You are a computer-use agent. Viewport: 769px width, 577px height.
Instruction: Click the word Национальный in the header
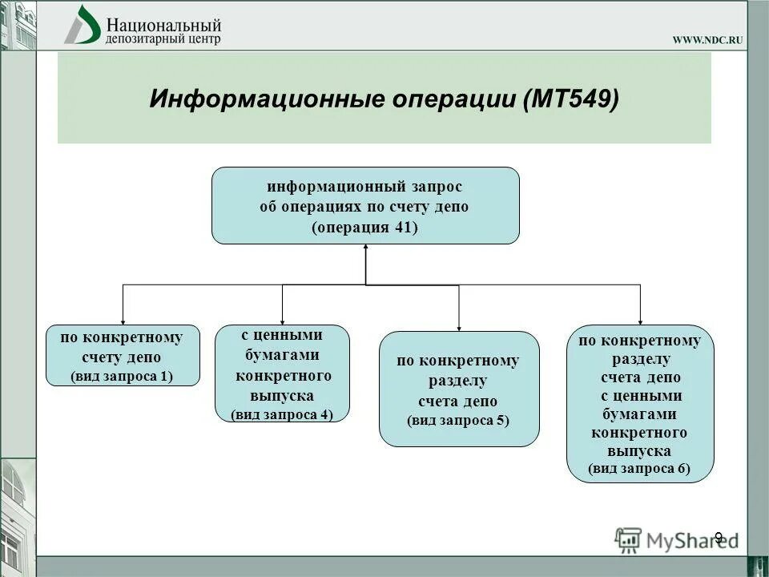click(163, 25)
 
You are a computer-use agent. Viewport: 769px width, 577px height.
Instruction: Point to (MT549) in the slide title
click(570, 100)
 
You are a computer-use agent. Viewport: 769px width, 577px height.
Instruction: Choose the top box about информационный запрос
click(365, 205)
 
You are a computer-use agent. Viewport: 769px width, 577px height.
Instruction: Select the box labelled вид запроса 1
click(122, 356)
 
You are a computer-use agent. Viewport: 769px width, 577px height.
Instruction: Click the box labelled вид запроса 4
click(282, 373)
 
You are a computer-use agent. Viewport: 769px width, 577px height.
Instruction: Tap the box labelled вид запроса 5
click(458, 389)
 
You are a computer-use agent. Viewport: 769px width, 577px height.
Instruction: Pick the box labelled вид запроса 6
click(639, 404)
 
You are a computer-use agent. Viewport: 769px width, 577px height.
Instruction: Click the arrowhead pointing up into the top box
click(365, 249)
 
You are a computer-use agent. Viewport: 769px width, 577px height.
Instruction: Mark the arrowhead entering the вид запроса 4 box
click(282, 320)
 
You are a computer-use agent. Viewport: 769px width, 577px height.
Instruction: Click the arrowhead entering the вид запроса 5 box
click(459, 326)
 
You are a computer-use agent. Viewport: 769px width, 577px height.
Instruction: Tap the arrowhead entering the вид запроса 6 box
click(640, 320)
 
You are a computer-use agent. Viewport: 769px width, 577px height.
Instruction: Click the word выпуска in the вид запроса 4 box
click(282, 396)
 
